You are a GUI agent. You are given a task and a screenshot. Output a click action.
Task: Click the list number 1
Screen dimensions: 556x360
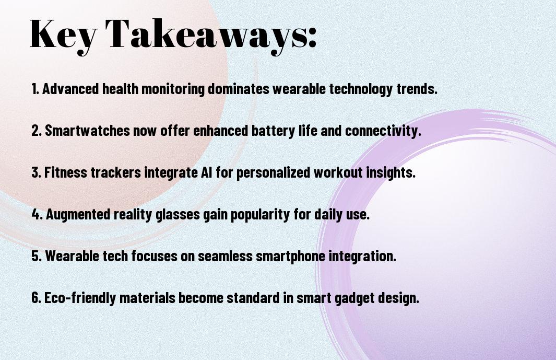[35, 89]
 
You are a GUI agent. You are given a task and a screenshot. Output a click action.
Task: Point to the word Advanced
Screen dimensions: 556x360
[70, 89]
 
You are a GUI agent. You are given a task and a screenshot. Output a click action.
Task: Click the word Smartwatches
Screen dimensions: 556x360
[87, 131]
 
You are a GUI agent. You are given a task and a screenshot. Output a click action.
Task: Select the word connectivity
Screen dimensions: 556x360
[383, 131]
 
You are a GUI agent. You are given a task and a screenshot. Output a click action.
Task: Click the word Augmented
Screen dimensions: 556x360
[78, 215]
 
